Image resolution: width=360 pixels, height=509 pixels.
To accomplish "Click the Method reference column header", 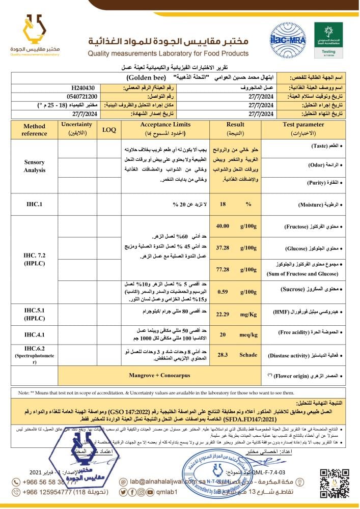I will (34, 129).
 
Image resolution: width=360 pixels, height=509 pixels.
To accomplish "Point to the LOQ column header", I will (109, 130).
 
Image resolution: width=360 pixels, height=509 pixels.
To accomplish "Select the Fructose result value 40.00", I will (223, 226).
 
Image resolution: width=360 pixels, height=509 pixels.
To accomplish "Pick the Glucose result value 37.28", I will (223, 247).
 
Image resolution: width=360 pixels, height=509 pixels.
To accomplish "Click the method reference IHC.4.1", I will (34, 335).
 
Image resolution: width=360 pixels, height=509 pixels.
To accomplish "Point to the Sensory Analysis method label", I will (34, 166).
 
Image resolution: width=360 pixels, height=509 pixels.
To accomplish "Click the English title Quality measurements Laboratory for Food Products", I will (168, 53).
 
